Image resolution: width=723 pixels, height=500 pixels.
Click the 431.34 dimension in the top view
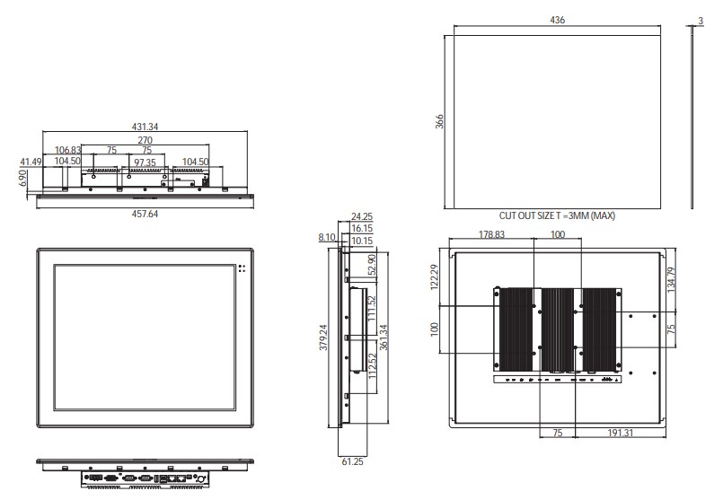tap(145, 127)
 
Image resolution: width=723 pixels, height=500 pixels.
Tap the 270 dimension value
tap(144, 140)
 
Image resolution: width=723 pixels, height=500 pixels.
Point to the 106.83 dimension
tap(68, 151)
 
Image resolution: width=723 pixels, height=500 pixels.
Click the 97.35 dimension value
tap(145, 162)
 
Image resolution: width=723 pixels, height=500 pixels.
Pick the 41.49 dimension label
tap(31, 162)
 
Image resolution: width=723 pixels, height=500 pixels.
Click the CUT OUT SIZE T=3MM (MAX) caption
tap(557, 216)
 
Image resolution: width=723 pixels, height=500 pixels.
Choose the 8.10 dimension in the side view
tap(327, 238)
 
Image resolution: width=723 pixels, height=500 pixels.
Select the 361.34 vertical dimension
tap(384, 339)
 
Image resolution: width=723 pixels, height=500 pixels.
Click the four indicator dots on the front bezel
tap(242, 268)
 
